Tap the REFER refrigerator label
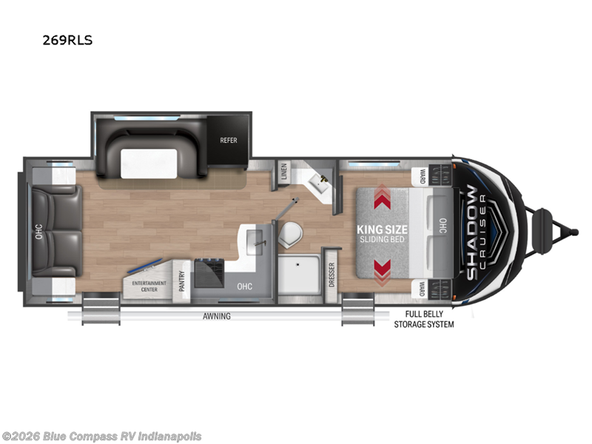point(228,139)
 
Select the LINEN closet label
point(283,169)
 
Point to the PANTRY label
point(182,282)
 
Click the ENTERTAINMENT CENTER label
point(149,286)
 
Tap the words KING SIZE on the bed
point(383,228)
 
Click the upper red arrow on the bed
point(383,198)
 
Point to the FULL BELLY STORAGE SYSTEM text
point(423,320)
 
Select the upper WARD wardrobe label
point(422,176)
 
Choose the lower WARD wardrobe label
point(422,286)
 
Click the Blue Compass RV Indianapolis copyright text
point(101,436)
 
